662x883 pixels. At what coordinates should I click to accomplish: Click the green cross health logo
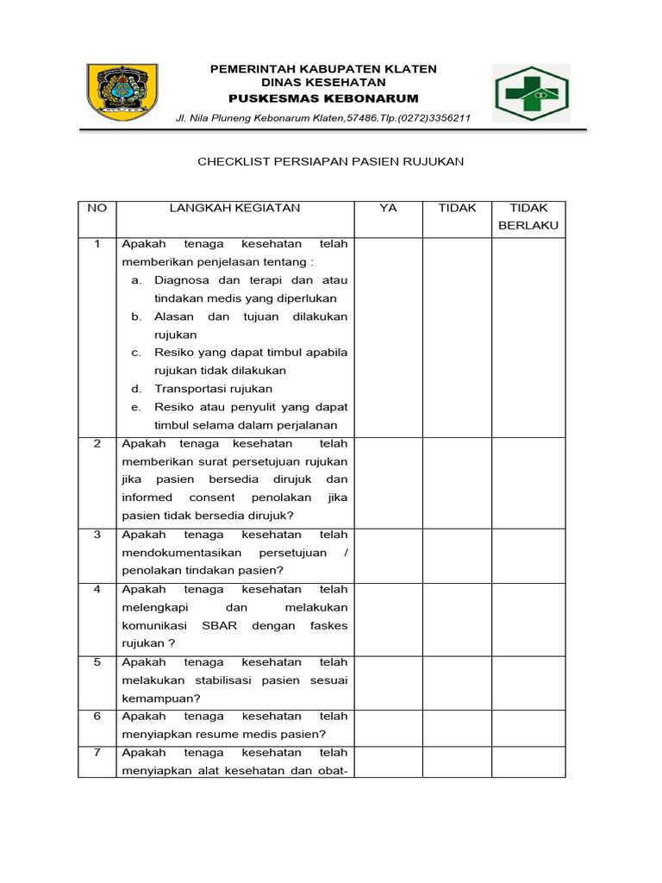pyautogui.click(x=531, y=93)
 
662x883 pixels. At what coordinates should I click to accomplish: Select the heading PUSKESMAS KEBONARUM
pyautogui.click(x=323, y=99)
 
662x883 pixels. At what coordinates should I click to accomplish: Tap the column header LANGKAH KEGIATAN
pyautogui.click(x=234, y=208)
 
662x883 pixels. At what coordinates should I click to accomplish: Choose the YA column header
pyautogui.click(x=388, y=208)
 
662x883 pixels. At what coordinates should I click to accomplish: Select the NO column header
pyautogui.click(x=97, y=208)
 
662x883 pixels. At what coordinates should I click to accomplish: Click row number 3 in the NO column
pyautogui.click(x=97, y=535)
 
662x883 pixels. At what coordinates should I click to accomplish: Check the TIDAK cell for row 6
pyautogui.click(x=457, y=724)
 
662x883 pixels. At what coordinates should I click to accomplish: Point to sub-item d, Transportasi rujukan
pyautogui.click(x=213, y=389)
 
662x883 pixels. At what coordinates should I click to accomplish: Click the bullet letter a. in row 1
pyautogui.click(x=137, y=280)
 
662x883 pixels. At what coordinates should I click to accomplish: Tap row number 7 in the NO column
pyautogui.click(x=97, y=752)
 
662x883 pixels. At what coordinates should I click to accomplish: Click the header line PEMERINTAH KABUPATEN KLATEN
pyautogui.click(x=323, y=69)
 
